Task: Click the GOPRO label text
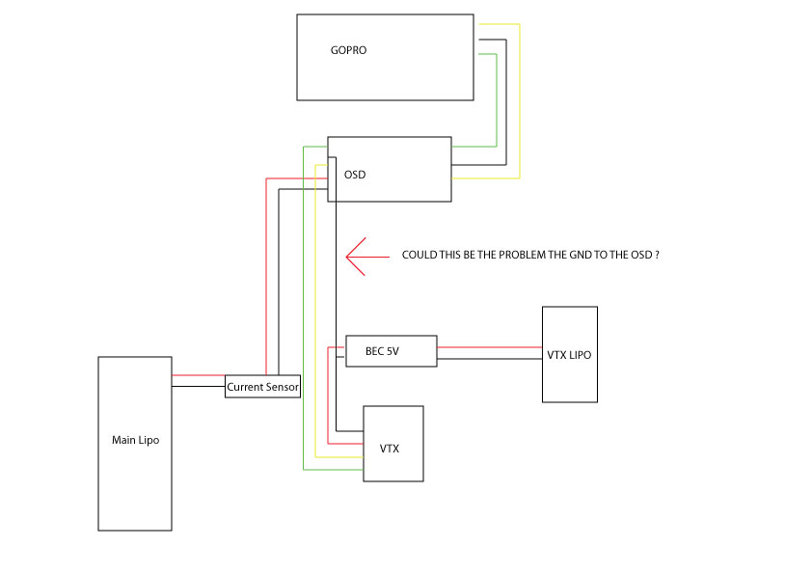(x=348, y=50)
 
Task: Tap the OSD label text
(x=355, y=175)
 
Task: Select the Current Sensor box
(x=262, y=387)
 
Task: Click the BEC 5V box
(x=391, y=351)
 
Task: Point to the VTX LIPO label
(x=569, y=355)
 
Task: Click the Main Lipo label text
(x=135, y=440)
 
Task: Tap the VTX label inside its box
(x=390, y=449)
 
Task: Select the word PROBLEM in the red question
(x=537, y=256)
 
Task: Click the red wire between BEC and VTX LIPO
(x=489, y=346)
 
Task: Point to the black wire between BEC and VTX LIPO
(x=489, y=359)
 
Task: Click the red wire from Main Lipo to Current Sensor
(x=198, y=375)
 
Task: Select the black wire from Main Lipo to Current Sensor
(x=198, y=387)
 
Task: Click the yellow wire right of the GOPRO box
(x=520, y=96)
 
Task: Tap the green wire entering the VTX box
(x=333, y=470)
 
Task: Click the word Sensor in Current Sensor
(x=282, y=388)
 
